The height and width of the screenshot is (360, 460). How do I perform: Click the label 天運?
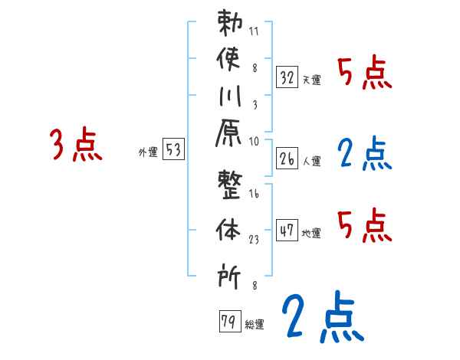point(312,80)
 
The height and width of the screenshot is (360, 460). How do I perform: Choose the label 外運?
point(147,152)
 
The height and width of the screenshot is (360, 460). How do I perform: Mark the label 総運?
point(255,324)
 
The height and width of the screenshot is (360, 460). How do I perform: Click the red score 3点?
point(75,145)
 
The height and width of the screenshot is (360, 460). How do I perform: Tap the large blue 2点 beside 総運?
point(320,316)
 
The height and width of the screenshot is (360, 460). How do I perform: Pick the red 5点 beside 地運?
point(364,225)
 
